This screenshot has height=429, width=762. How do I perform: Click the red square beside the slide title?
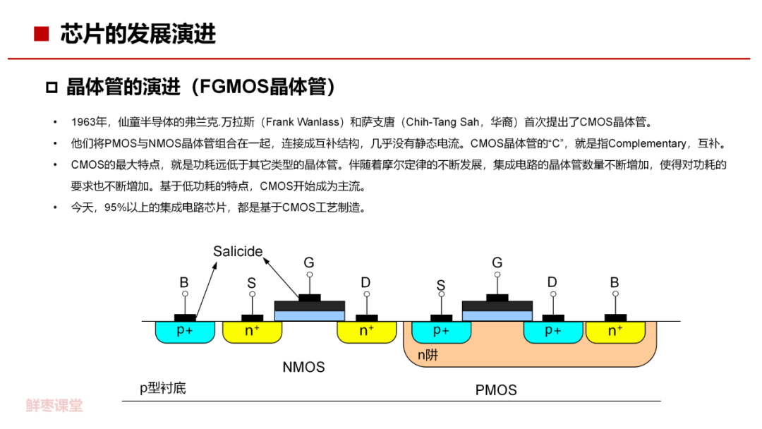point(42,34)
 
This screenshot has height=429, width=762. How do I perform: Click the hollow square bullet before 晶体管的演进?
point(51,88)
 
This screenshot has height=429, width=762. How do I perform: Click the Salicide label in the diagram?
point(238,252)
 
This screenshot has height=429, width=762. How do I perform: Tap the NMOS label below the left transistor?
point(303,367)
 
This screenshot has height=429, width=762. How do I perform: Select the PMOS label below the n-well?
point(496,389)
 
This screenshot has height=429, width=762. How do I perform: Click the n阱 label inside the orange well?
point(428,355)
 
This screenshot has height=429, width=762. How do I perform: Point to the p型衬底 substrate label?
point(162,388)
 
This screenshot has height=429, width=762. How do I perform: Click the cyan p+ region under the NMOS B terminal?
point(185,331)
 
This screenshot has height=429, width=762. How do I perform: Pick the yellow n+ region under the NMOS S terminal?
point(252,331)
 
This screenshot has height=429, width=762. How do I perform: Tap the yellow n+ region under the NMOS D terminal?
point(366,331)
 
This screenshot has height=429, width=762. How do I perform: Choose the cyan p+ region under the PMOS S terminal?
point(441,331)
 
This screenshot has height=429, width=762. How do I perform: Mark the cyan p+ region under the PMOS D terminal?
point(552,331)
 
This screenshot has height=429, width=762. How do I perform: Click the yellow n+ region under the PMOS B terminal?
point(615,331)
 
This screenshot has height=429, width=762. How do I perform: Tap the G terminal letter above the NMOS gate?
point(309,262)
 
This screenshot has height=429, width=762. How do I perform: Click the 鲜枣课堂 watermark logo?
point(54,406)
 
